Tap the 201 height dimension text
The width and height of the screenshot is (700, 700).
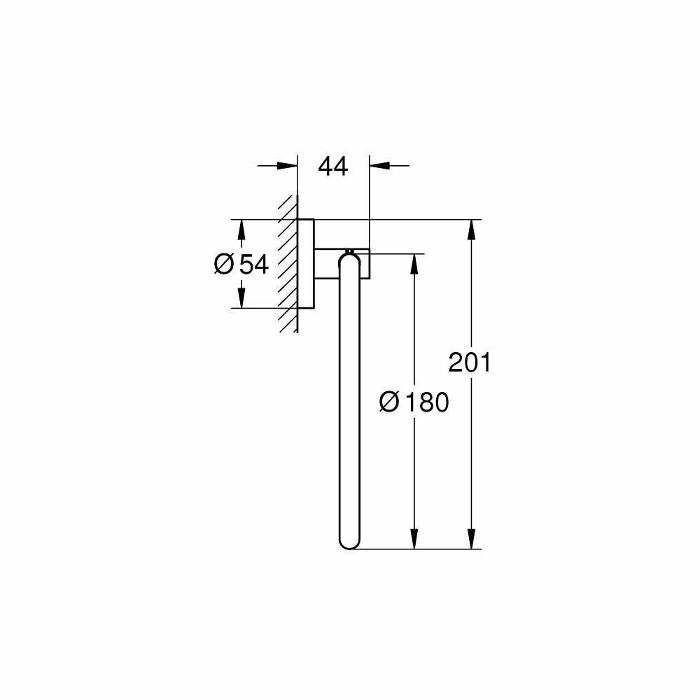(470, 362)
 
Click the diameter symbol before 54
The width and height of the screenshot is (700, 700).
(224, 264)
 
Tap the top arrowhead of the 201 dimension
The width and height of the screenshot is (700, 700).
(474, 229)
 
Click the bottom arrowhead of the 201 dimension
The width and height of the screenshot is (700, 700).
(474, 539)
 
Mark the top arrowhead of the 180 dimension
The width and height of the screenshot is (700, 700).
(414, 263)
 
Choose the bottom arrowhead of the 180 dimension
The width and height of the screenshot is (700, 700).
(414, 539)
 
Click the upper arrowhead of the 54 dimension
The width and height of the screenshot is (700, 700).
(241, 229)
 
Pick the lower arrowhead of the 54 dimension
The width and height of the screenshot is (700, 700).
(241, 299)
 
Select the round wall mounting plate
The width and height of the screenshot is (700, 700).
(306, 264)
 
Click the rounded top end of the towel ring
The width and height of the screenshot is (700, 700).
(349, 260)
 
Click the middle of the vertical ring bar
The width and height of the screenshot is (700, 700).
(349, 402)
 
